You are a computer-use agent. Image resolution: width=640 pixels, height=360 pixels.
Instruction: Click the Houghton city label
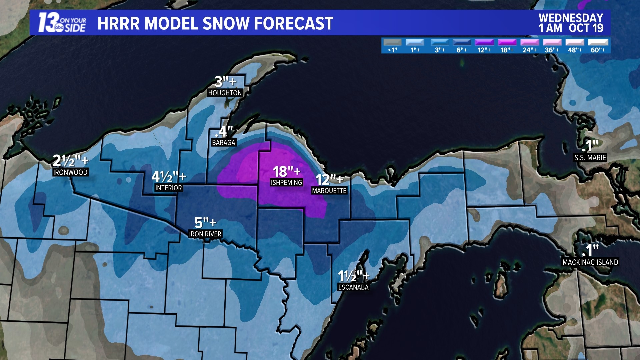(x=225, y=93)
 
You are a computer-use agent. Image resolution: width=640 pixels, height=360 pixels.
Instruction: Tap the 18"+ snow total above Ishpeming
(x=286, y=172)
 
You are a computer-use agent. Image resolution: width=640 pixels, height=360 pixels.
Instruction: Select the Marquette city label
(x=329, y=191)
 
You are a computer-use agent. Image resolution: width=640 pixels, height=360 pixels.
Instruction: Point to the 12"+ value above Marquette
(x=329, y=180)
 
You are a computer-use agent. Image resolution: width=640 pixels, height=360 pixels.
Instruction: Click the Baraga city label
(x=224, y=143)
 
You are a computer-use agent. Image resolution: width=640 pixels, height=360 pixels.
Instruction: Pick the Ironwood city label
(x=70, y=172)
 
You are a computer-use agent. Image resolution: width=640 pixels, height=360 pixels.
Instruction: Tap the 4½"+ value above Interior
(x=169, y=177)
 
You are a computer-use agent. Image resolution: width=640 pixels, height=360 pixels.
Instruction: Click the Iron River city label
(x=205, y=234)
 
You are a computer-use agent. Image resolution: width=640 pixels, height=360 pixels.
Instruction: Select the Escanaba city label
(x=353, y=287)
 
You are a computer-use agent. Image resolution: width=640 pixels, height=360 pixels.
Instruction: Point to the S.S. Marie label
(x=590, y=158)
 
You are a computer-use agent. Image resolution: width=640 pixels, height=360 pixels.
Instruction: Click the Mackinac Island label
(x=590, y=262)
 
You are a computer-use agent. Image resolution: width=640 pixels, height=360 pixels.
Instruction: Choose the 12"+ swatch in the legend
(x=484, y=43)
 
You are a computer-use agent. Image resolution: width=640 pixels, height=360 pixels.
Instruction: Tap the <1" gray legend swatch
(x=392, y=43)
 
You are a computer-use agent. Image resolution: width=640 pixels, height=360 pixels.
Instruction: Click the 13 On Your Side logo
(x=62, y=23)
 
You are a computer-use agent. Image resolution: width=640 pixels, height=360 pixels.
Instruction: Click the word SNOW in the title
(x=226, y=23)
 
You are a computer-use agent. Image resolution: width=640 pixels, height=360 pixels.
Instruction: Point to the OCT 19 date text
(x=586, y=28)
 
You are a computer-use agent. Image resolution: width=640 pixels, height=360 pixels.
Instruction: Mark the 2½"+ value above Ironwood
(x=70, y=161)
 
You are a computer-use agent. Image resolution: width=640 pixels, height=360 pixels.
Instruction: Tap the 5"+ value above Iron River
(x=205, y=222)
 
